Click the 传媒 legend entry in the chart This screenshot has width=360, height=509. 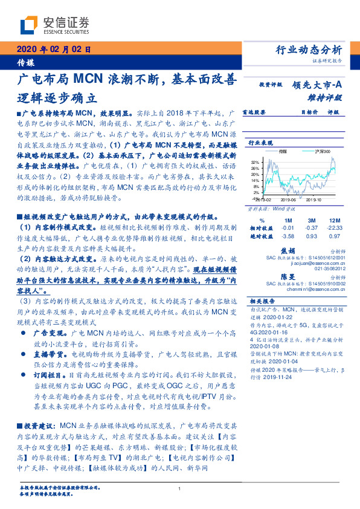pos(283,151)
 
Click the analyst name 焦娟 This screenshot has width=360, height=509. pos(304,250)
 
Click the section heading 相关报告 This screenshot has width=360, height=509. pos(263,300)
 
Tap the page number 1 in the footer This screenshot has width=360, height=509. pos(180,488)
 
